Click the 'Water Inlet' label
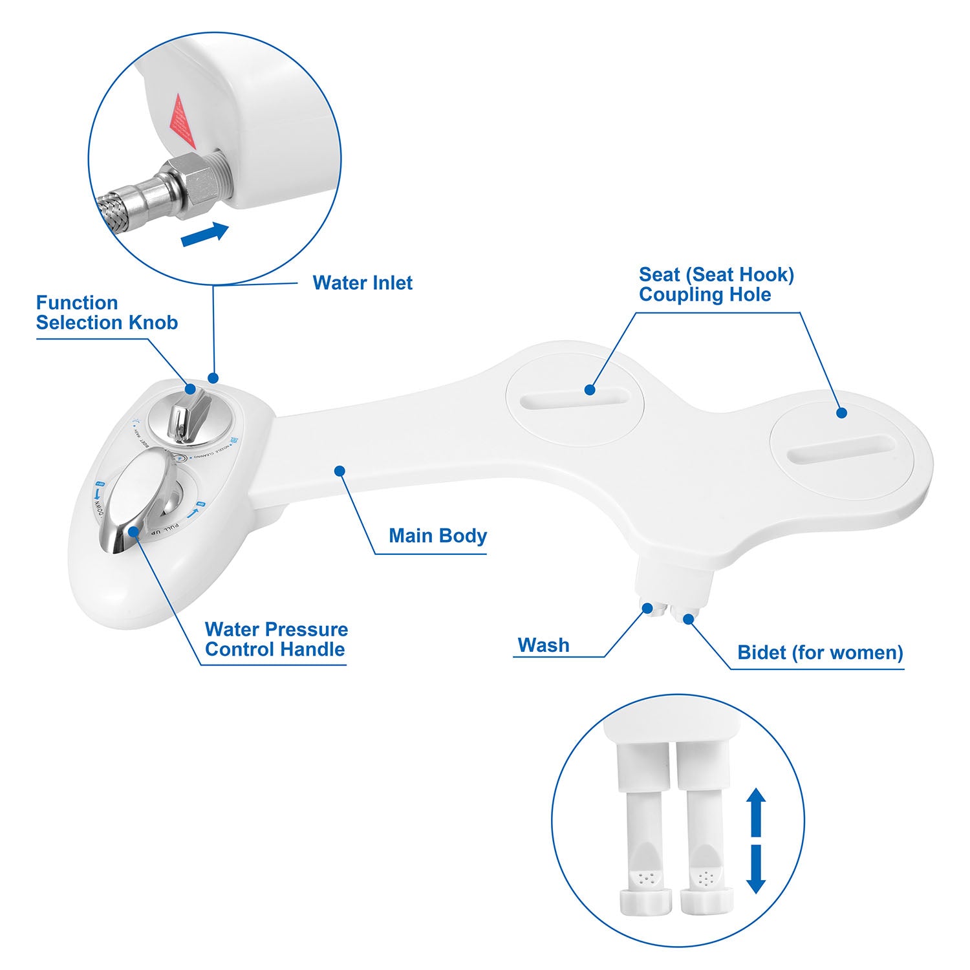362,283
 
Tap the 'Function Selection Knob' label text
107,313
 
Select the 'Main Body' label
437,536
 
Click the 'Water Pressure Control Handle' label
275,640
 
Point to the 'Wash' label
543,645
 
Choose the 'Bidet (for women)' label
819,652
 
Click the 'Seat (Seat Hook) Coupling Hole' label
716,285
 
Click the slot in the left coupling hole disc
575,398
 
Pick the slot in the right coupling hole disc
841,449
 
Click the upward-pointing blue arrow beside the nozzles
756,811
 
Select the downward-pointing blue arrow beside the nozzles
756,870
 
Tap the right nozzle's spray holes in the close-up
705,878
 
